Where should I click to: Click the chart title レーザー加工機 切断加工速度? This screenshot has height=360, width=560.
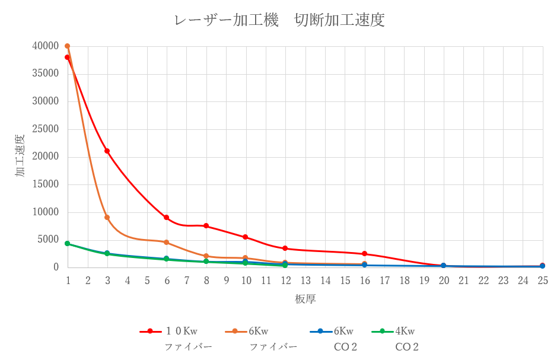pos(279,20)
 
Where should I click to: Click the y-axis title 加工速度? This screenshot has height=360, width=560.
pos(20,156)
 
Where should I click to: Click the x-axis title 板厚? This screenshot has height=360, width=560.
pos(305,299)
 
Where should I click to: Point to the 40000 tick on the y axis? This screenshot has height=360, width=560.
pos(45,46)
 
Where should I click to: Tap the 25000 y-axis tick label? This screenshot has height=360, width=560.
pos(45,129)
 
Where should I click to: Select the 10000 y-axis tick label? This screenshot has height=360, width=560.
pos(45,212)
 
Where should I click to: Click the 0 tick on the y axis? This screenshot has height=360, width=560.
pos(56,267)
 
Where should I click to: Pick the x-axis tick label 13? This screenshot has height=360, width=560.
pos(305,281)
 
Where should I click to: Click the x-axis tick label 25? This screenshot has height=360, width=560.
pos(542,281)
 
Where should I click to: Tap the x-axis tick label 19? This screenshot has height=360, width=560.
pos(424,281)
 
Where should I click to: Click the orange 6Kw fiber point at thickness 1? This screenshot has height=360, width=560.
pos(67,46)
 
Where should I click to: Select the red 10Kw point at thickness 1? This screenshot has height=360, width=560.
pos(67,58)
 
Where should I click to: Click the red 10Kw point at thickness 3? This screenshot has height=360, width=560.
pos(107,151)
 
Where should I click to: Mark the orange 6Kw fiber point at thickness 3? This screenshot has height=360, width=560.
pos(107,217)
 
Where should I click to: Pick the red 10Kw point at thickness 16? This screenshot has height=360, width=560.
pos(364,254)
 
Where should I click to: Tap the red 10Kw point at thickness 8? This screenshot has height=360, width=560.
pos(206,226)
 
